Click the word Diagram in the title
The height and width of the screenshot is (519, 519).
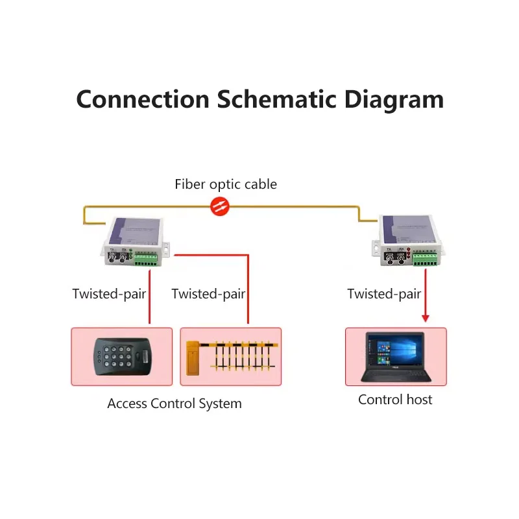(x=393, y=99)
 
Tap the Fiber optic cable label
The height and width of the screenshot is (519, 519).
(x=225, y=184)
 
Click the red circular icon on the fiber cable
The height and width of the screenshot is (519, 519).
(x=220, y=207)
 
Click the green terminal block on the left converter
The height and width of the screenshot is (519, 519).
(x=146, y=259)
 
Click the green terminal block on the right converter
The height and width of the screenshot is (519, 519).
(x=426, y=259)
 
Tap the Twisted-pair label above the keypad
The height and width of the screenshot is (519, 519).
(x=109, y=294)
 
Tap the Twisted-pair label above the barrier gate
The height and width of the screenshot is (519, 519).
(x=208, y=294)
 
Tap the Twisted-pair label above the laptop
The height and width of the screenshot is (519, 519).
(x=384, y=294)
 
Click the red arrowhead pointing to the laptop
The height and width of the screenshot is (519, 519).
(x=426, y=318)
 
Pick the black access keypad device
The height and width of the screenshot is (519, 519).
(x=122, y=357)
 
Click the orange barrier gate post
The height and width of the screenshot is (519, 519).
(x=193, y=359)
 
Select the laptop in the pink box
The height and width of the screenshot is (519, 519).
(x=396, y=357)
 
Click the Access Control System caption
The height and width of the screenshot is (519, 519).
(x=175, y=404)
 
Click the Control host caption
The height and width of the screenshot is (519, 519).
(x=395, y=400)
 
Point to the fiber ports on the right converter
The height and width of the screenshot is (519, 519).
(x=394, y=259)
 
